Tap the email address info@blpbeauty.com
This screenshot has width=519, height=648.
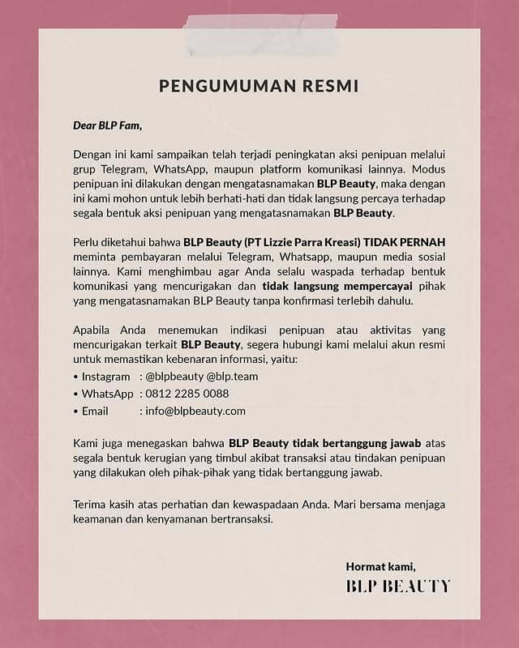pos(195,411)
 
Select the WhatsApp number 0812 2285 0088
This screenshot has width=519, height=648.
pos(187,394)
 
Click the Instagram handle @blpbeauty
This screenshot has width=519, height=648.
pos(174,377)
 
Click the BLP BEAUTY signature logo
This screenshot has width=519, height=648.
pos(397,586)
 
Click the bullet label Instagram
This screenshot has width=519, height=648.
pos(105,377)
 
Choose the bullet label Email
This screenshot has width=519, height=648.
pos(95,411)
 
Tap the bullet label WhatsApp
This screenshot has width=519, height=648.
pos(108,394)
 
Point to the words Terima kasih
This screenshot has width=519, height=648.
pos(101,505)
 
